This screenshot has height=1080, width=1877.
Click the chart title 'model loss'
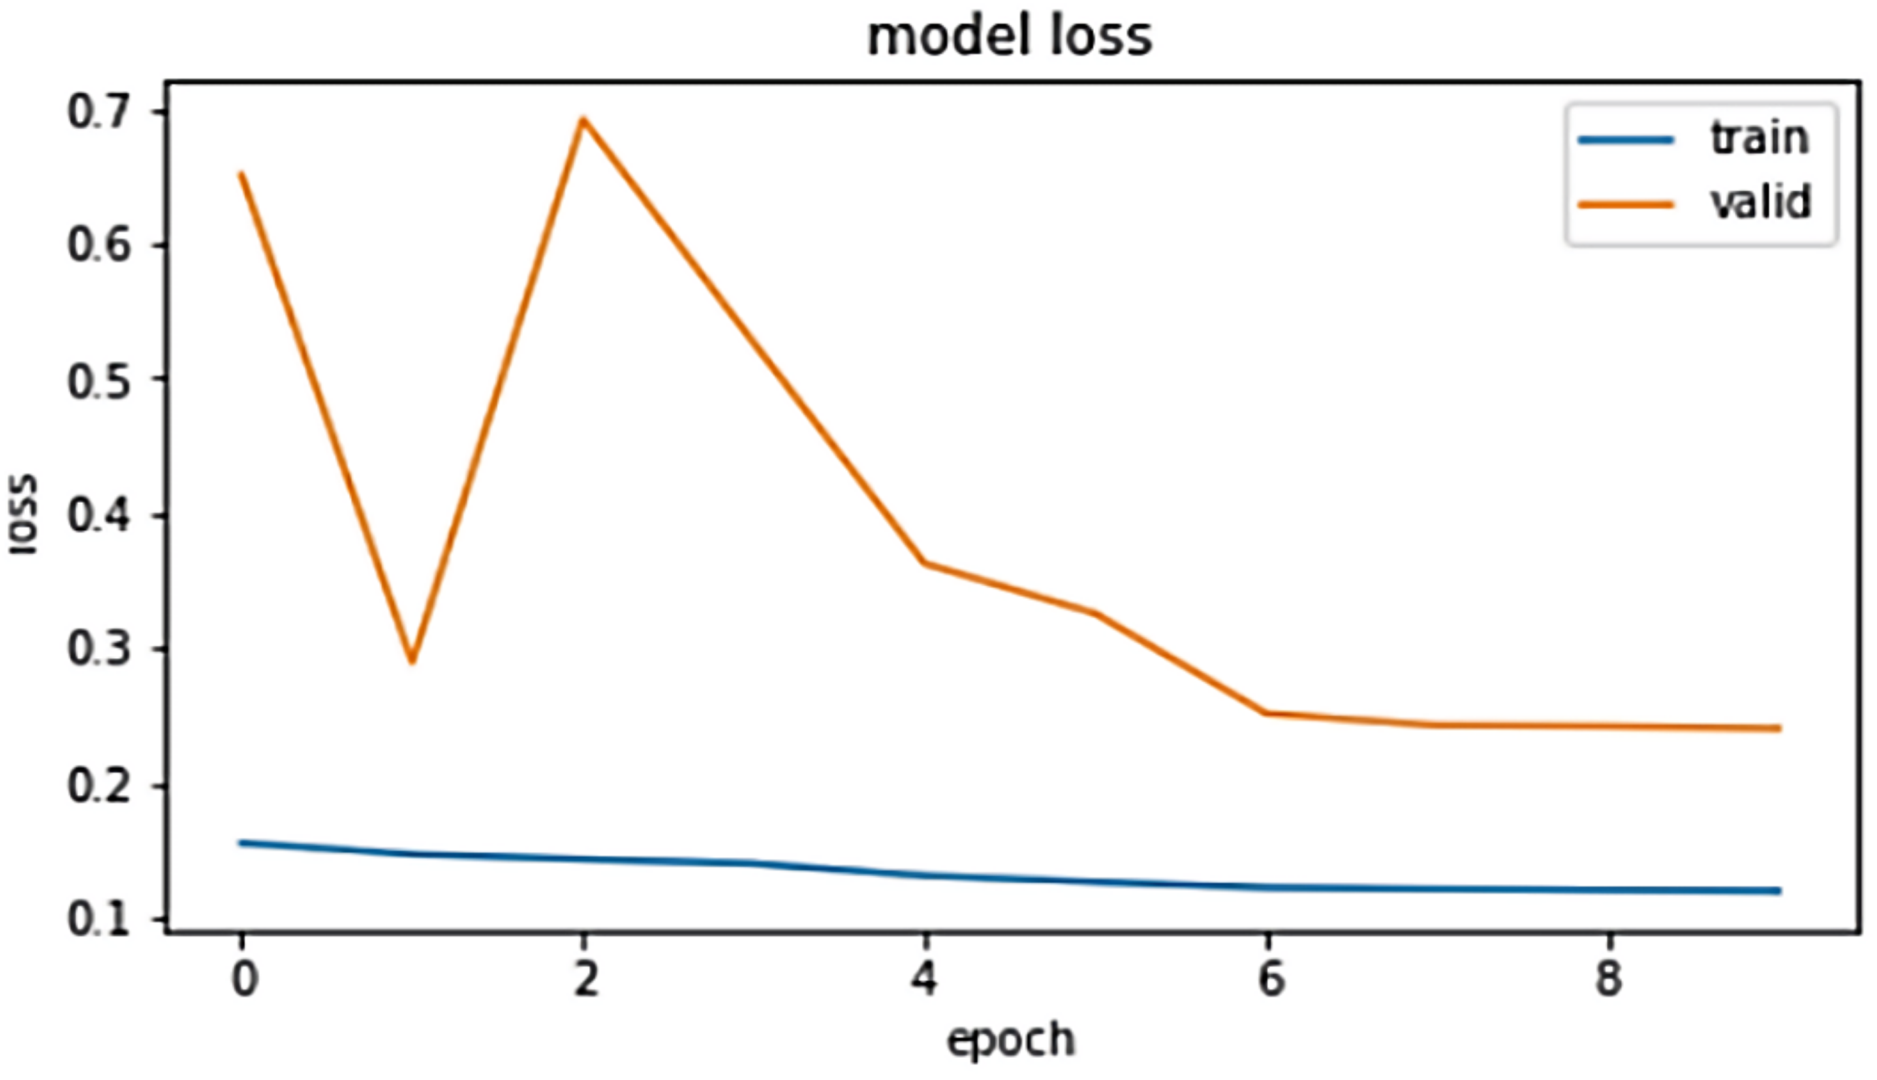[x=1010, y=37]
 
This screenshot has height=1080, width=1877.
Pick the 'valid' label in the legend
[x=1761, y=202]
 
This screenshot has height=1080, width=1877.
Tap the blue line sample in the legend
[x=1626, y=140]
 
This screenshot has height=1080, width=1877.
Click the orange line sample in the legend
[x=1626, y=204]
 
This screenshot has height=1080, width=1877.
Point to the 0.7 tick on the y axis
[x=98, y=113]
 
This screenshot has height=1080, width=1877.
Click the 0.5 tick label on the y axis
[x=98, y=383]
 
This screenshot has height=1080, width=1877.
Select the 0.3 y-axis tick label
[x=98, y=649]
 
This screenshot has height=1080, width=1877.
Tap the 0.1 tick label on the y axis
[x=98, y=920]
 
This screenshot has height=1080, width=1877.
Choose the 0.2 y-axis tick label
[x=98, y=786]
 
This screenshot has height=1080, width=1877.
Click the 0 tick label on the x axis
[x=243, y=979]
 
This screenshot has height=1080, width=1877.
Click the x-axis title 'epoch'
[x=1010, y=1040]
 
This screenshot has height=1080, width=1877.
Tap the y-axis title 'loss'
[x=23, y=513]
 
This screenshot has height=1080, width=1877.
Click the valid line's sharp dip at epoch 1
[x=413, y=661]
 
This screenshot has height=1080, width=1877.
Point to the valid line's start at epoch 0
[x=241, y=174]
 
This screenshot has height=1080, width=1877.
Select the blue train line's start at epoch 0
[x=241, y=842]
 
